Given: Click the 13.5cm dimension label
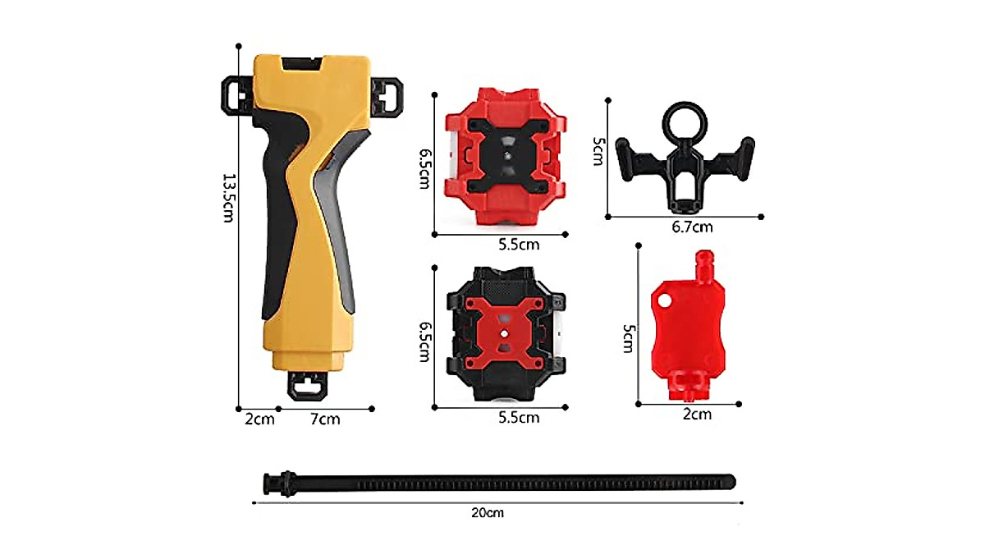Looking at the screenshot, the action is point(229,198).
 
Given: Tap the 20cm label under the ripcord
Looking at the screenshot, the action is point(488,512).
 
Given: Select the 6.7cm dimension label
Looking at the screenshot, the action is point(692,227).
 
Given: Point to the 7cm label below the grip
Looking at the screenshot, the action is point(325,419).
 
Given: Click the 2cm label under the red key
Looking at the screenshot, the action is point(697,415).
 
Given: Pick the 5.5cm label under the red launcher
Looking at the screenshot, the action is point(519,245).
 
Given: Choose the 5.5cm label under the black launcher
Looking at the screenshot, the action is point(519,417).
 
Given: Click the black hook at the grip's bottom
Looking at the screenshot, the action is point(307,386).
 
